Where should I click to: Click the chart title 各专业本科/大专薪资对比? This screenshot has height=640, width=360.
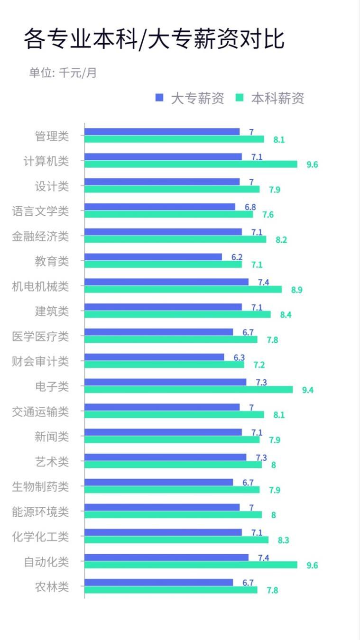click(x=154, y=39)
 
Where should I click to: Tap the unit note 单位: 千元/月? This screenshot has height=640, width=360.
click(x=63, y=73)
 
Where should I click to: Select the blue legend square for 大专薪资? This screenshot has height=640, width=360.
click(x=159, y=98)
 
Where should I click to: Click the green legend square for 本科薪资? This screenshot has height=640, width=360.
click(x=240, y=98)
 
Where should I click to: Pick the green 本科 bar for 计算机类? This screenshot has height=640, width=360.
click(x=191, y=164)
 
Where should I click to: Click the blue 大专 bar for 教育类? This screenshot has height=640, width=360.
click(x=153, y=257)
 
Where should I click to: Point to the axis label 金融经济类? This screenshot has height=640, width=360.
click(x=40, y=236)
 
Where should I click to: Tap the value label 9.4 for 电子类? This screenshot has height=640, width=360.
click(x=308, y=390)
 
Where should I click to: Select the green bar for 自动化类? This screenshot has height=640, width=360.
click(x=191, y=565)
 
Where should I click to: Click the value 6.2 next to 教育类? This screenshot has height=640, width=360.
click(x=237, y=257)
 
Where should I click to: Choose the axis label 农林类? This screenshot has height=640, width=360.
click(x=52, y=586)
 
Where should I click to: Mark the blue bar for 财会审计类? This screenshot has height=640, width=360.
click(x=154, y=357)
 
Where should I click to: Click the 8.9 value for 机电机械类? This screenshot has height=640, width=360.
click(x=297, y=290)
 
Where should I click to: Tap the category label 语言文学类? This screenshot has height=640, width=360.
click(x=40, y=211)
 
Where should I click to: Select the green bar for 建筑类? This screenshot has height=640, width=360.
click(x=177, y=314)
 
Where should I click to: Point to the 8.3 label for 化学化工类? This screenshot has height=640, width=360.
click(x=284, y=540)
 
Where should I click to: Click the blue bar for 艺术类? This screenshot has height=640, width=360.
click(x=165, y=457)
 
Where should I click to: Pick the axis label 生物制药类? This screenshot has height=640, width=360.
click(x=40, y=486)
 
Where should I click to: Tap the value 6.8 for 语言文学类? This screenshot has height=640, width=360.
click(x=250, y=207)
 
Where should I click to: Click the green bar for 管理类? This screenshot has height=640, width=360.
click(x=174, y=139)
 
